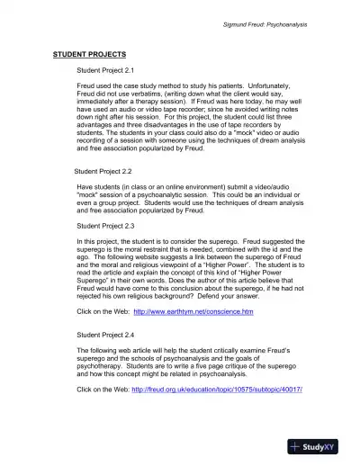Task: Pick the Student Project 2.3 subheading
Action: pos(105,226)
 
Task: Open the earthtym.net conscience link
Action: pos(193,311)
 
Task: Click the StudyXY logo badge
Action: pos(319,447)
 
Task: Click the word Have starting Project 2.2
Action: pos(85,186)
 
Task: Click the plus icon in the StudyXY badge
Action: pos(296,447)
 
